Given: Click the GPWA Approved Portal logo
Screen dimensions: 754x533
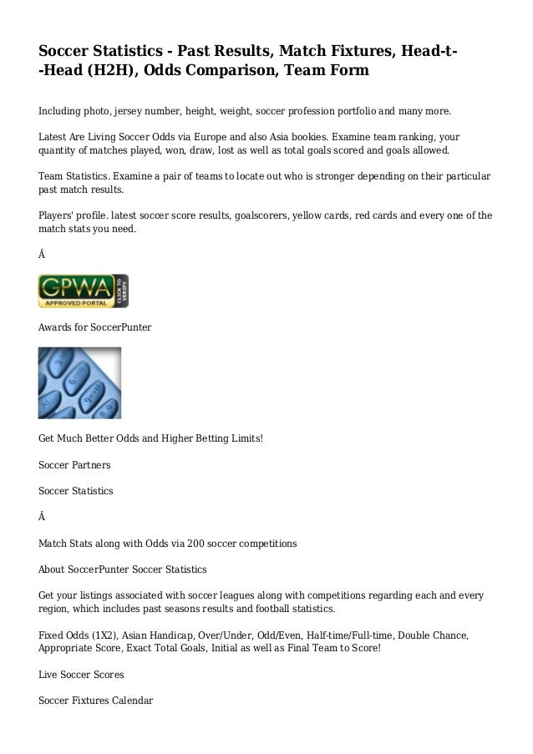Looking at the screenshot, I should click(x=83, y=291).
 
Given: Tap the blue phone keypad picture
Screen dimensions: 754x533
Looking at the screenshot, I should click(x=79, y=382).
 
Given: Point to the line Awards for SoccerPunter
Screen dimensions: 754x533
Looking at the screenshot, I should click(x=94, y=327).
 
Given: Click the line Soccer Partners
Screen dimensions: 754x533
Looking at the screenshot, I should click(x=74, y=463).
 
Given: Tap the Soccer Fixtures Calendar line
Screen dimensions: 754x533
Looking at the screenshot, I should click(x=95, y=700).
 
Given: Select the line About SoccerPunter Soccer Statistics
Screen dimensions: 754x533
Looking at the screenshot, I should click(x=123, y=570).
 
